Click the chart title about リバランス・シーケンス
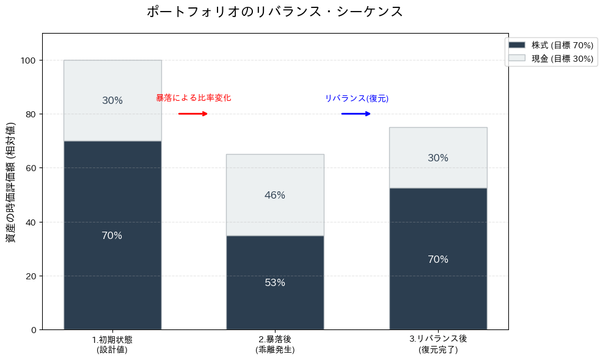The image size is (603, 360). click(x=275, y=12)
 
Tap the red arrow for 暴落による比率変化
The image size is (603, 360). click(x=193, y=114)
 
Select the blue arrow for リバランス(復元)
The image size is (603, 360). click(x=356, y=114)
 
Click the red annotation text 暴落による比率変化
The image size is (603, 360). click(x=193, y=98)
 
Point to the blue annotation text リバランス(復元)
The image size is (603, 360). click(x=356, y=98)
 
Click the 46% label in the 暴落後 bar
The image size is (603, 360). click(x=275, y=196)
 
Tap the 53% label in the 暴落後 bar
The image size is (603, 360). click(x=275, y=283)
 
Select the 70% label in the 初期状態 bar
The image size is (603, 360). click(x=112, y=236)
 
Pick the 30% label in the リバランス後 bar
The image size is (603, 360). click(x=438, y=158)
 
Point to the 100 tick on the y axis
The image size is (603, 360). click(x=28, y=61)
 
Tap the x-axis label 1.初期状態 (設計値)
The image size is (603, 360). click(x=112, y=345)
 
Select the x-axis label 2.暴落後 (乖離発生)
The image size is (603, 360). click(x=275, y=345)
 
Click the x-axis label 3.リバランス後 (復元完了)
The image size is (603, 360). click(x=438, y=345)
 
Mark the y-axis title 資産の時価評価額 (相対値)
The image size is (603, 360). click(x=11, y=182)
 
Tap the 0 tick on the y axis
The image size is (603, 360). click(x=33, y=330)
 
